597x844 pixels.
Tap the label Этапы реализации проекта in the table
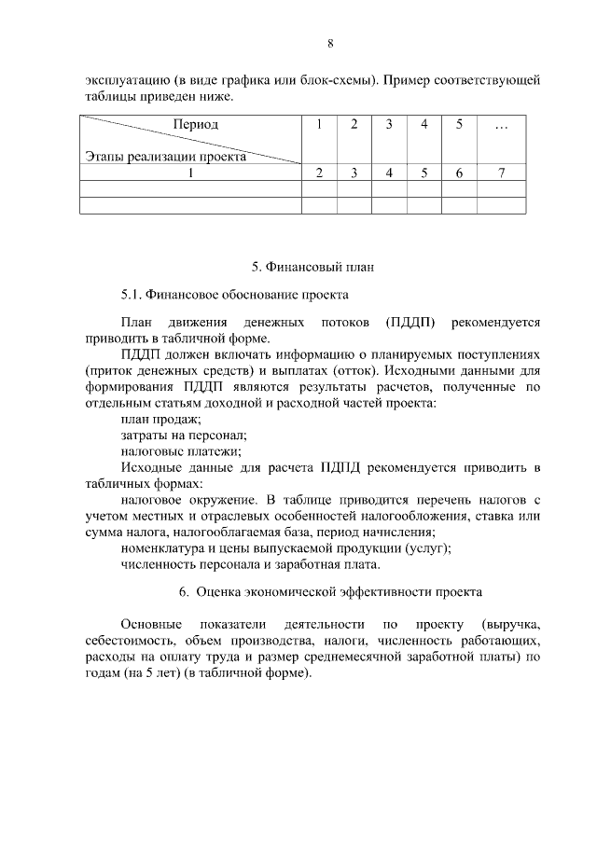pos(165,157)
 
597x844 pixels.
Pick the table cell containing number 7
pos(502,173)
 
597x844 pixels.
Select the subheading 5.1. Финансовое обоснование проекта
pos(234,295)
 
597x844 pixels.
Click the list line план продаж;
pos(154,419)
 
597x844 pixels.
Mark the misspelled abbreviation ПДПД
pos(354,466)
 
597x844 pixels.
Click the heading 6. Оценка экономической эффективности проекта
pos(330,592)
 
